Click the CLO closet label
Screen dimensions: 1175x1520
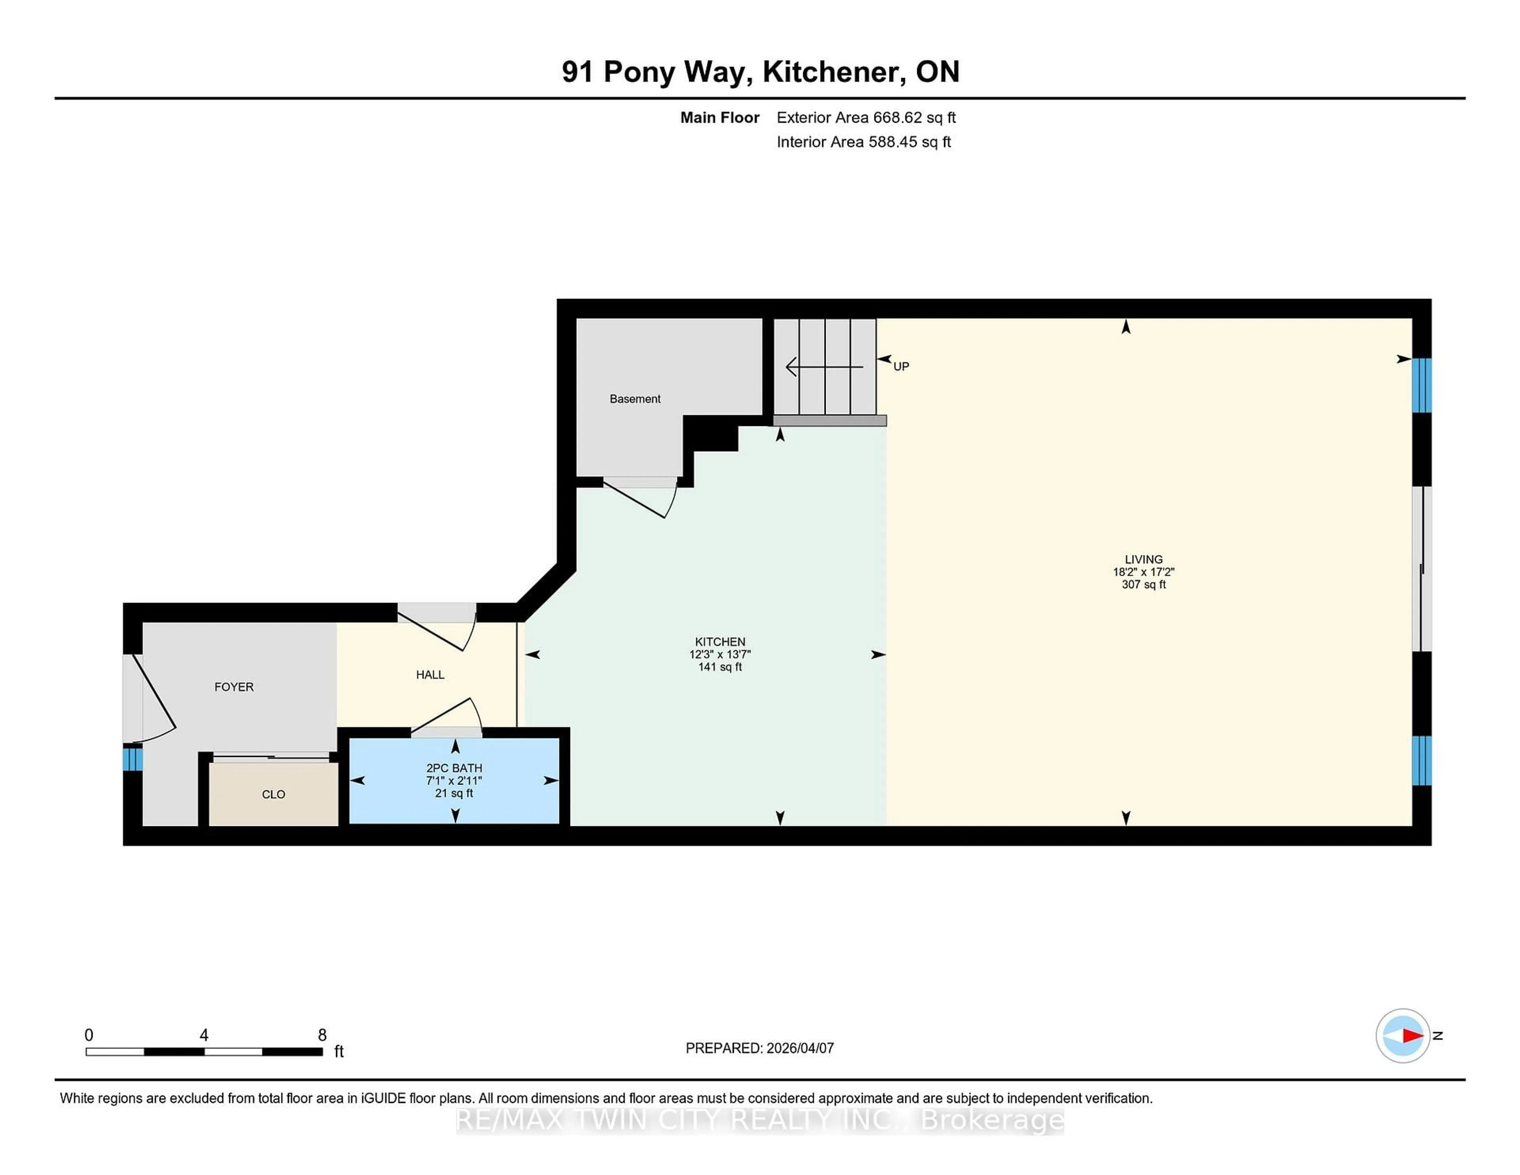(x=274, y=794)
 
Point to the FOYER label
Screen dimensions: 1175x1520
(x=234, y=687)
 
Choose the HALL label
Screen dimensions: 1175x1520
(x=430, y=675)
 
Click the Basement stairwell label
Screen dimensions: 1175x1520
(x=635, y=399)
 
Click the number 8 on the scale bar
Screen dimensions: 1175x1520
(x=322, y=1035)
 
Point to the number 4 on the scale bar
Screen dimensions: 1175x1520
(x=204, y=1035)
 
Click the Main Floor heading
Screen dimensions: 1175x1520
(x=720, y=118)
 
